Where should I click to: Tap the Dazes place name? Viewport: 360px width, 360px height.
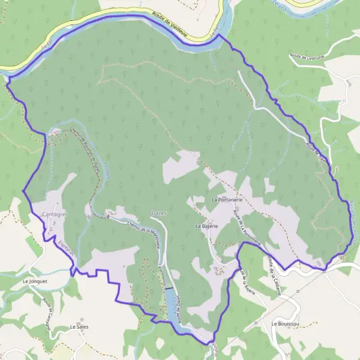(159, 213)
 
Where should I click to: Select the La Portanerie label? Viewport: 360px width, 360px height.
(226, 199)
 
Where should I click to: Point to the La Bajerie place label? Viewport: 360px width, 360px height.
(206, 226)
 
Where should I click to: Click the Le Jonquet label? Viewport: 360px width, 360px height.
(34, 280)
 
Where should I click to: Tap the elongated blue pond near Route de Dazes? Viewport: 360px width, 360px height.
(174, 306)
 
